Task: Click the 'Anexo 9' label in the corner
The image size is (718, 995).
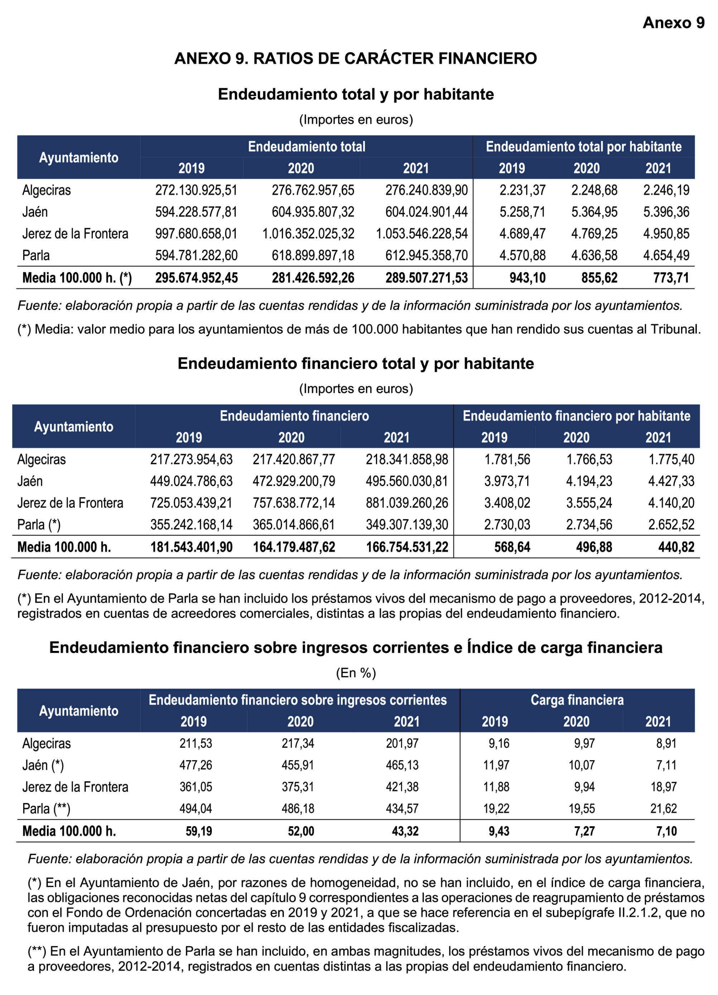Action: [673, 23]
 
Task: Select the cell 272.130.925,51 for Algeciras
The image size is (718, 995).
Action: [196, 190]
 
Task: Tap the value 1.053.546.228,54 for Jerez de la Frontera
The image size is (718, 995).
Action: [422, 234]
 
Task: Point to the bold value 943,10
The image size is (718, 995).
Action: [527, 278]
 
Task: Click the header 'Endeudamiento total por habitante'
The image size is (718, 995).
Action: [583, 147]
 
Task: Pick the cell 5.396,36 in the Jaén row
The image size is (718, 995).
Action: [666, 212]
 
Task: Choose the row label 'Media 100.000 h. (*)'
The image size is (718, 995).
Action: [77, 278]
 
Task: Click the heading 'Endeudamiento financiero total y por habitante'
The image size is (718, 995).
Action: [356, 364]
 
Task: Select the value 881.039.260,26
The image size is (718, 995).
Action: [407, 503]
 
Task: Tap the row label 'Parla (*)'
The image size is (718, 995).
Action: [39, 525]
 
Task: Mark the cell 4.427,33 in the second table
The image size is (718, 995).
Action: [671, 481]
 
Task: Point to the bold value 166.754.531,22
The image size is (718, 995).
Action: [407, 547]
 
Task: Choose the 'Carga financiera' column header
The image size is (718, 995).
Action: [577, 700]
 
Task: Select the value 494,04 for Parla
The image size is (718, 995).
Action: [196, 809]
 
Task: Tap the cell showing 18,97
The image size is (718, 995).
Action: [664, 787]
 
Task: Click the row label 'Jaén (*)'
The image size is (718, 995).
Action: [43, 765]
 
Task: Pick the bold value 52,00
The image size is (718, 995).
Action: [301, 831]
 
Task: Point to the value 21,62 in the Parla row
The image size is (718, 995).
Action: [664, 809]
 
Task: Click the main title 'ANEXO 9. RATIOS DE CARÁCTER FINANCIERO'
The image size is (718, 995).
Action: [356, 58]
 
